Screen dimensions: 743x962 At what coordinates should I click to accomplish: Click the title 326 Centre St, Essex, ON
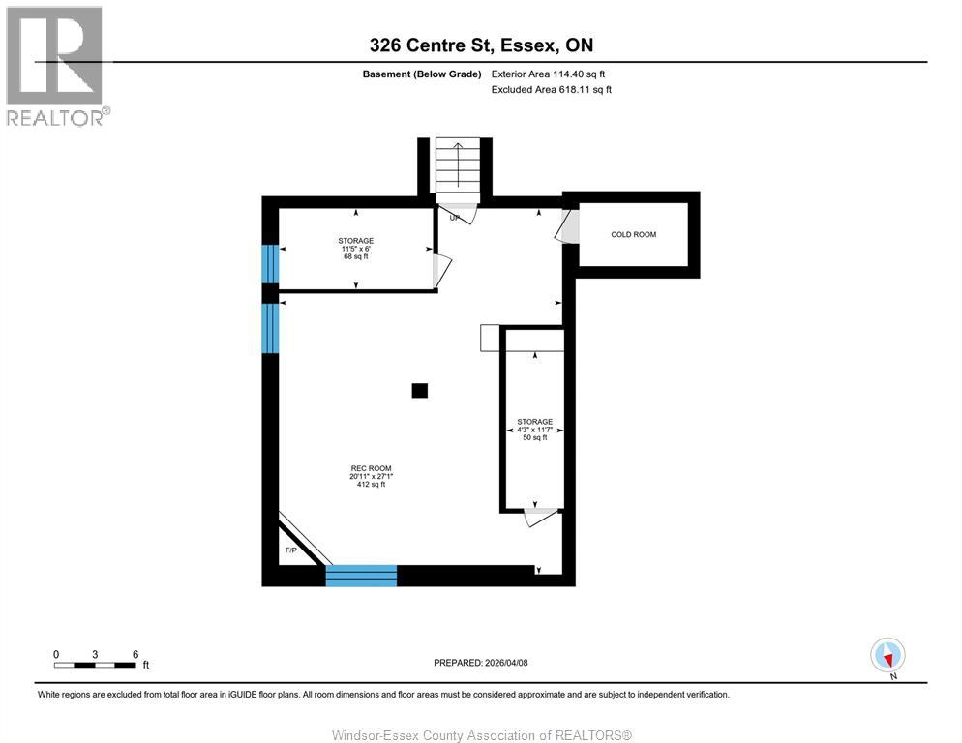[x=481, y=45]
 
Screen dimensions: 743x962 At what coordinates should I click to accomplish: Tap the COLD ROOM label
[x=633, y=234]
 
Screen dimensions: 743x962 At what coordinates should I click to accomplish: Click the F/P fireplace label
[x=289, y=550]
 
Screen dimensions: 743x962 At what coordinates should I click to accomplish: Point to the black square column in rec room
[x=419, y=390]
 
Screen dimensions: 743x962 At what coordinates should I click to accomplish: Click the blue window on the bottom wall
[x=361, y=576]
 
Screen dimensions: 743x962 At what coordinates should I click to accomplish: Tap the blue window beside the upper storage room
[x=270, y=263]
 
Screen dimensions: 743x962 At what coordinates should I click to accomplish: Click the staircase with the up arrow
[x=458, y=166]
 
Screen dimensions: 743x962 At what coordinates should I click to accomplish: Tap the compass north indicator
[x=887, y=655]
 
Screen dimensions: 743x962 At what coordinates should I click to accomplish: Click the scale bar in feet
[x=95, y=665]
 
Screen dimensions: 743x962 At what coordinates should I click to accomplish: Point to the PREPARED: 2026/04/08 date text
[x=481, y=663]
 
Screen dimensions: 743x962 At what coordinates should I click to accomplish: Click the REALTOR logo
[x=57, y=66]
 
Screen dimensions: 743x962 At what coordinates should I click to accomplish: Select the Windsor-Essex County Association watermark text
[x=481, y=735]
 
